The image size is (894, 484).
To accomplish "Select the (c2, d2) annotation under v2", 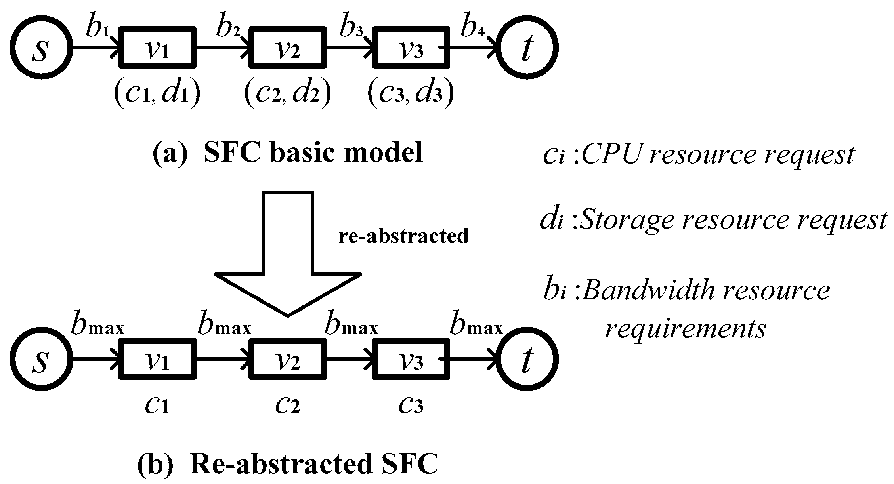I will click(288, 94).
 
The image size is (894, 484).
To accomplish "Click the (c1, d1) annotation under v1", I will click(157, 94).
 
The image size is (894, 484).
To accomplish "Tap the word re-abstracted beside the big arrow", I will click(404, 236).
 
